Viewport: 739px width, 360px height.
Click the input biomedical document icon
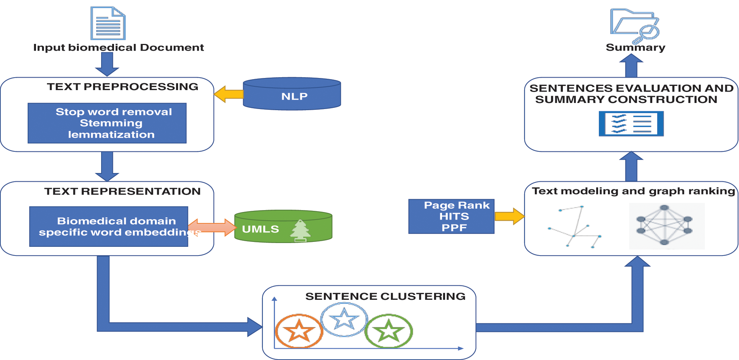click(108, 23)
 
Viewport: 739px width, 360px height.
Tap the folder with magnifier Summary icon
click(635, 25)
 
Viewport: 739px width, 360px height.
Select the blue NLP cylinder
click(292, 94)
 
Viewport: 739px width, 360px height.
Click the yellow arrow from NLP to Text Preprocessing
click(229, 94)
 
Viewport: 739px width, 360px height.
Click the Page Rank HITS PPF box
click(451, 216)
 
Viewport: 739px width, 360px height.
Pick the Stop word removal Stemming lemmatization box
click(107, 123)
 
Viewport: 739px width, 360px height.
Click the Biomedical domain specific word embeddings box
click(109, 226)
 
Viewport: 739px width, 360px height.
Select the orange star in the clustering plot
click(299, 331)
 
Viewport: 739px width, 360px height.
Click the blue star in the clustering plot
click(344, 319)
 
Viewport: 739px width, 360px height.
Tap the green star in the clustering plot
click(389, 331)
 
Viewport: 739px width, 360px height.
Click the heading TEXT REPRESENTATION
click(122, 191)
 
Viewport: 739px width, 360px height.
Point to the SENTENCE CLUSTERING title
click(385, 296)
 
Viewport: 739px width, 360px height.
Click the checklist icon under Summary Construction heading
click(631, 123)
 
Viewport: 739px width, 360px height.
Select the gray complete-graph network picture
click(666, 226)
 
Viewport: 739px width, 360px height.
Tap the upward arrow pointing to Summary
click(631, 66)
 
